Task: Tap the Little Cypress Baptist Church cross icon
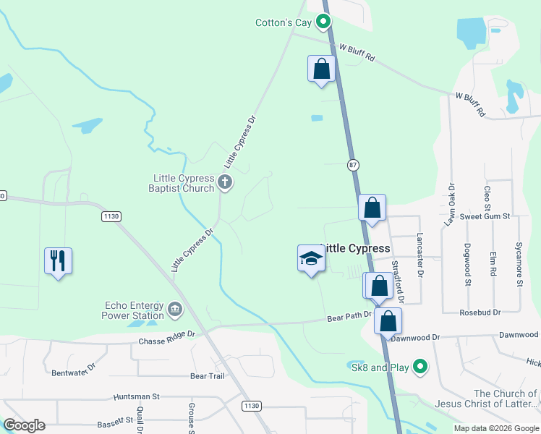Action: pyautogui.click(x=225, y=182)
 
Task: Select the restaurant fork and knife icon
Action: pyautogui.click(x=59, y=260)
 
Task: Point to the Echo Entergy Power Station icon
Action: pyautogui.click(x=175, y=310)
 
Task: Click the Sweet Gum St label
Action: pyautogui.click(x=485, y=216)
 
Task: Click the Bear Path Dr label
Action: pyautogui.click(x=349, y=317)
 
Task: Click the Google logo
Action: pyautogui.click(x=24, y=425)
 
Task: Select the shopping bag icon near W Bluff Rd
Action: pyautogui.click(x=322, y=69)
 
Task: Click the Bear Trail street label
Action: pyautogui.click(x=208, y=376)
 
